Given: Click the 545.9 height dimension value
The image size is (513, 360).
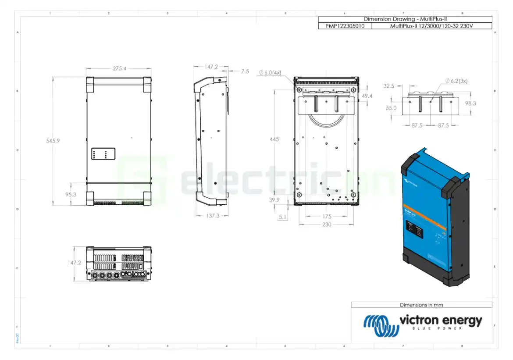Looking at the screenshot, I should [53, 141].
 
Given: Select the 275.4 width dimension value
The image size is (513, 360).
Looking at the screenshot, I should [119, 69].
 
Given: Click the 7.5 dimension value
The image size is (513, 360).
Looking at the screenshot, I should [245, 71].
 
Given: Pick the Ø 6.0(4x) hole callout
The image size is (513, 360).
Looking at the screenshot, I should [270, 73].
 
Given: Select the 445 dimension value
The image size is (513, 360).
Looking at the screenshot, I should [274, 139].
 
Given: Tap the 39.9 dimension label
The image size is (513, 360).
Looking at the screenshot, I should [274, 200].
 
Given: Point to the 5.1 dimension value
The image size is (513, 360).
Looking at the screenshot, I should [283, 216].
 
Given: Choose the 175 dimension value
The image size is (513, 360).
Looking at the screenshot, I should [327, 216].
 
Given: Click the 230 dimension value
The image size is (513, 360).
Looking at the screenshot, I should [327, 225].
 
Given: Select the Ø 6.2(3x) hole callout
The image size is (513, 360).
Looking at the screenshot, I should [456, 81].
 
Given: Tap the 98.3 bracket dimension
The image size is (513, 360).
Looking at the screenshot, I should [470, 103].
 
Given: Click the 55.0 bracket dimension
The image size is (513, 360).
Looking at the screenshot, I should [391, 108].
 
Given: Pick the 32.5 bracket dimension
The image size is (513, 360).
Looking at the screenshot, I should [389, 86].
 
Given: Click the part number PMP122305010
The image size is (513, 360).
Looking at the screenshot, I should [345, 26].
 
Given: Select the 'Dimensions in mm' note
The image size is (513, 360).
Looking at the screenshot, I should [421, 305].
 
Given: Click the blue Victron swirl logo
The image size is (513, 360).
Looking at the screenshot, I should [380, 325].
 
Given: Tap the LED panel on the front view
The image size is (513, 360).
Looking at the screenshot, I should [103, 154].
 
